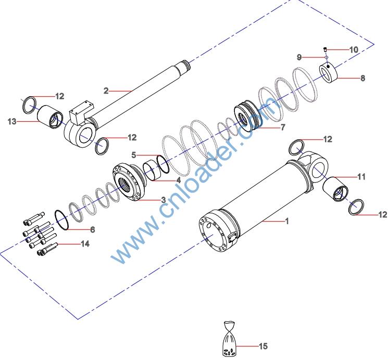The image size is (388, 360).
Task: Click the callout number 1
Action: [286, 221]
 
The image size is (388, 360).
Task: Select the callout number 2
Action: [106, 91]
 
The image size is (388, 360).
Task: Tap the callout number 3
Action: [163, 200]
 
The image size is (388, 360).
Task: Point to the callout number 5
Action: [133, 155]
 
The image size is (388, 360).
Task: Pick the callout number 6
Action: [93, 229]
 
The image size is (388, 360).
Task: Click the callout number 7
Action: [283, 127]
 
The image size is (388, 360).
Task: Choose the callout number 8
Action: [362, 79]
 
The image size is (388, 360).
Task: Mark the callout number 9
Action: [299, 57]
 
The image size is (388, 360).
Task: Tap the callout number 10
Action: [354, 50]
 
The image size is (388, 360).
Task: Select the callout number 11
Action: [361, 177]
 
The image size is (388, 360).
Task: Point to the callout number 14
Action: [85, 243]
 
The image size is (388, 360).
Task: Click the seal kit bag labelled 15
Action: [230, 341]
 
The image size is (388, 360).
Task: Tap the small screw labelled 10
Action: [324, 49]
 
